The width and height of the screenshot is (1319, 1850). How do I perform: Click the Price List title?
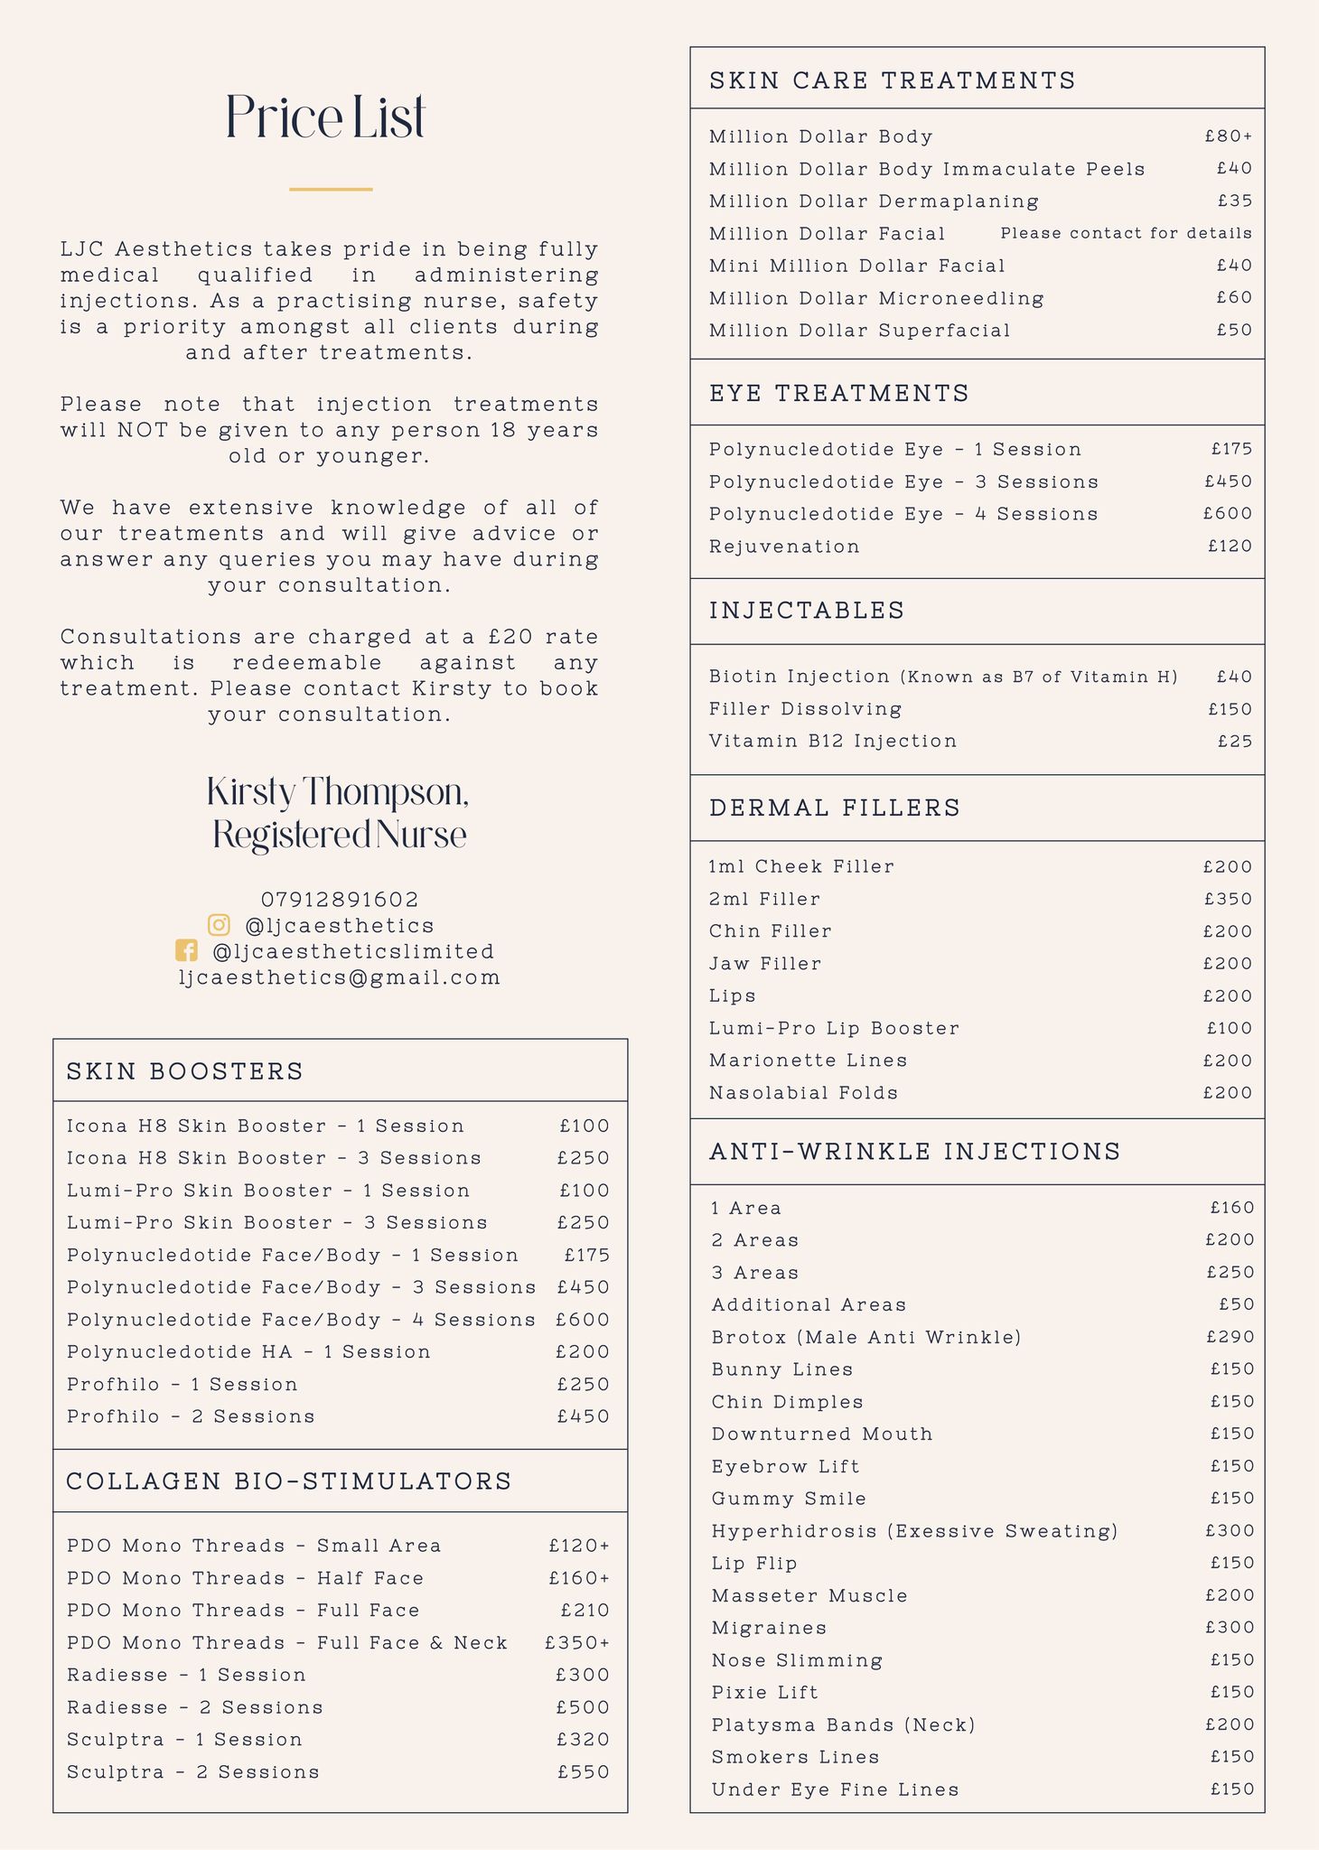tap(325, 117)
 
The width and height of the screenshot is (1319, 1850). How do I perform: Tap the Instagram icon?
tap(219, 925)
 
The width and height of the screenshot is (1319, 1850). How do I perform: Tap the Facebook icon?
tap(186, 951)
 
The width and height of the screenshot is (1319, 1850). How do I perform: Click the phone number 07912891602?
tap(340, 900)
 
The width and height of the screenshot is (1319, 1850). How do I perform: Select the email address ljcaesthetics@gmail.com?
tap(340, 977)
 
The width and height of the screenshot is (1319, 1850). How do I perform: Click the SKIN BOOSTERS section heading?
tap(185, 1071)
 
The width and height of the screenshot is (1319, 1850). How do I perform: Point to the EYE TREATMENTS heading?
tap(839, 393)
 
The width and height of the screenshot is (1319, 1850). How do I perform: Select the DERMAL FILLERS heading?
tap(835, 808)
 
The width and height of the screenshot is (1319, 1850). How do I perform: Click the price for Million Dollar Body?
tap(1228, 136)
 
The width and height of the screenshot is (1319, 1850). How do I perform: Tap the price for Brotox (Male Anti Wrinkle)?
tap(1230, 1337)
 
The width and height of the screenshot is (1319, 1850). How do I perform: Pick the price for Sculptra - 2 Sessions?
tap(583, 1772)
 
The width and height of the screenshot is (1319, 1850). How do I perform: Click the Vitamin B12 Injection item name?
tap(832, 742)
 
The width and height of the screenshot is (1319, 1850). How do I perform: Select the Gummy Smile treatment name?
tap(789, 1499)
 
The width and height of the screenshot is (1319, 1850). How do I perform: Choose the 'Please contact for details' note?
tap(1126, 233)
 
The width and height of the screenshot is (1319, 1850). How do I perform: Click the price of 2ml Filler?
tap(1228, 899)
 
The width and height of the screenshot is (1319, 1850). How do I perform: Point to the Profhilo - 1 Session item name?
tap(182, 1385)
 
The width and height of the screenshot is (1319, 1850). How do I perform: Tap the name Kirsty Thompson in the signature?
tap(338, 792)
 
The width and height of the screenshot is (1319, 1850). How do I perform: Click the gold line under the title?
tap(331, 189)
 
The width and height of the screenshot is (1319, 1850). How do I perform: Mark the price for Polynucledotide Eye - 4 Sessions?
tap(1227, 514)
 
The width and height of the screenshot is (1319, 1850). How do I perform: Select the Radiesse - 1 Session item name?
tap(186, 1676)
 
